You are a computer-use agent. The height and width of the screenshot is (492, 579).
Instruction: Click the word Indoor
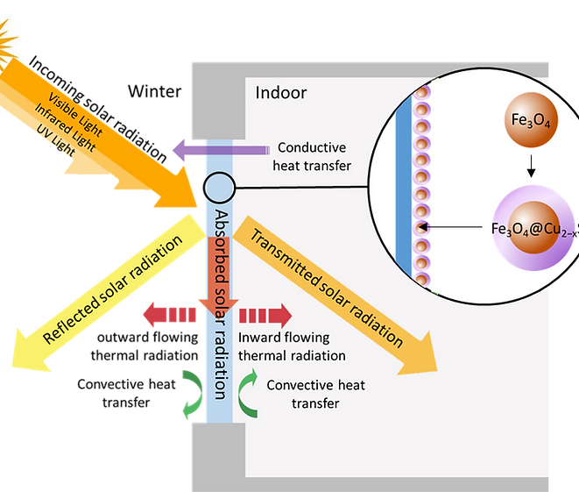[280, 92]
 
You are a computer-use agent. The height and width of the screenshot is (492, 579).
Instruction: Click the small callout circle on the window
[219, 187]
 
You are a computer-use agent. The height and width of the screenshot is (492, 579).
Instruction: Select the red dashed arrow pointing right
[266, 315]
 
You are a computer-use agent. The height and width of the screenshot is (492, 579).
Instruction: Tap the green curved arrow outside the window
[190, 390]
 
